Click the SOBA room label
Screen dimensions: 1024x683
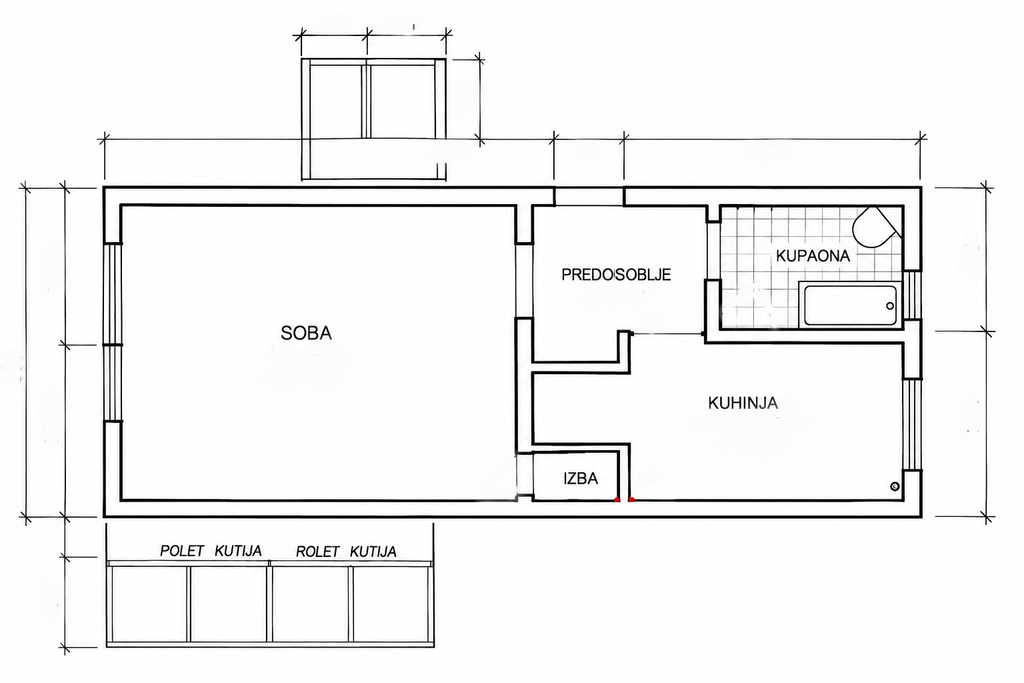pos(306,333)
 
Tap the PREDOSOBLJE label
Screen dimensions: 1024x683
pos(616,275)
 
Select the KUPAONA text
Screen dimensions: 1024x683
pos(813,255)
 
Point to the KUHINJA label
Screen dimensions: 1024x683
pos(743,403)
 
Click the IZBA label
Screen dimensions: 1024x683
pos(581,478)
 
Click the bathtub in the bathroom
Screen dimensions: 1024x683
pos(850,305)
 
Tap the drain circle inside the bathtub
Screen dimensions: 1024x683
pos(890,305)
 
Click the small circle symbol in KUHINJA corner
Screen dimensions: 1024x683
pos(895,486)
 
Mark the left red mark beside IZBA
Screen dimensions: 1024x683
pos(617,500)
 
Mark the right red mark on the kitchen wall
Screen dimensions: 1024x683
pos(631,500)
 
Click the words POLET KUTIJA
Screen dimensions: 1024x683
pos(211,551)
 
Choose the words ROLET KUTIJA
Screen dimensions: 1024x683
pos(346,552)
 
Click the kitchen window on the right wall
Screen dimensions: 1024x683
pos(912,424)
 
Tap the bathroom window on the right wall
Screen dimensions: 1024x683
pos(912,295)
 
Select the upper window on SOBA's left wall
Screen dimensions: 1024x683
pos(113,294)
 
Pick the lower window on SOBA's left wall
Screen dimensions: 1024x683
pos(113,383)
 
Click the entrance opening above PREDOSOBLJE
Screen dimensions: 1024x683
pos(589,196)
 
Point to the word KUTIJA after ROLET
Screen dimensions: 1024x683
pos(373,552)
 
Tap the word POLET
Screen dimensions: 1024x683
pos(181,551)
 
